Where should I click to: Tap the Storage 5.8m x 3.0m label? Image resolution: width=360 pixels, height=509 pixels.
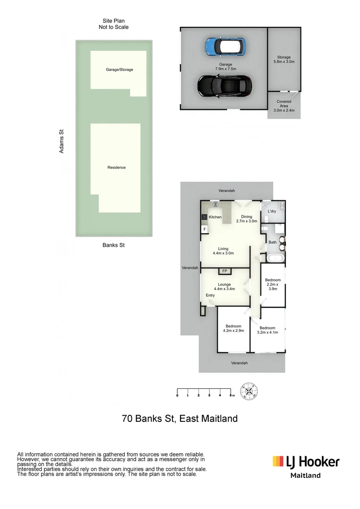[284, 59]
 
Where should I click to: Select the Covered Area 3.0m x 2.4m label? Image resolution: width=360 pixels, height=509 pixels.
[284, 106]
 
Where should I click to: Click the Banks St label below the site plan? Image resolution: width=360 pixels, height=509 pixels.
[114, 245]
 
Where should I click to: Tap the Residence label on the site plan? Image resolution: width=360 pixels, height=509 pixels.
[116, 167]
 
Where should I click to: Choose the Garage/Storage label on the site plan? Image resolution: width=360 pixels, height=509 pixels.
[119, 70]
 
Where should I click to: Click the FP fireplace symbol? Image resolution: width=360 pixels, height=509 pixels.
[225, 271]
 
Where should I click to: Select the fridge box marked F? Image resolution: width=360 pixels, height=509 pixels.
[205, 229]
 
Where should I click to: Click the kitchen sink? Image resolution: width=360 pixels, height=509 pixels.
[215, 205]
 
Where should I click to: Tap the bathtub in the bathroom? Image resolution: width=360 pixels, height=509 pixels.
[273, 258]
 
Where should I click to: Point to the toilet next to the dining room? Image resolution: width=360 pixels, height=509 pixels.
[265, 229]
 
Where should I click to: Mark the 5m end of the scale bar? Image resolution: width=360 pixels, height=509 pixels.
[231, 391]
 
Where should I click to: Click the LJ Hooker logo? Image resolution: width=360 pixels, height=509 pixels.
[306, 461]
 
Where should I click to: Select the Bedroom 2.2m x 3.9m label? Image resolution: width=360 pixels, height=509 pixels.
[272, 285]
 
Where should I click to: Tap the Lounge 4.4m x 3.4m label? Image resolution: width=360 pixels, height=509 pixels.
[224, 287]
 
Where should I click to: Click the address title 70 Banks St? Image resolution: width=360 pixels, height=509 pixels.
[180, 418]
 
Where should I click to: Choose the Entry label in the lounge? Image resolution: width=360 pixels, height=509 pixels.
[210, 296]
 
